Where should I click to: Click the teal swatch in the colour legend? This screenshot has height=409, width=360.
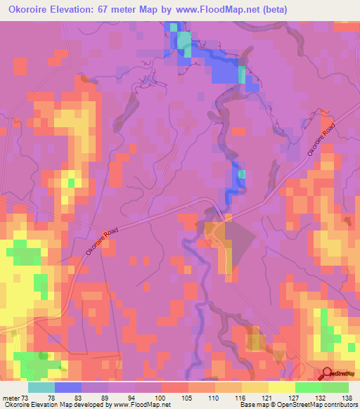click(x=41, y=387)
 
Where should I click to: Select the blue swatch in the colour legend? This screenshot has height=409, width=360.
click(x=68, y=387)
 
